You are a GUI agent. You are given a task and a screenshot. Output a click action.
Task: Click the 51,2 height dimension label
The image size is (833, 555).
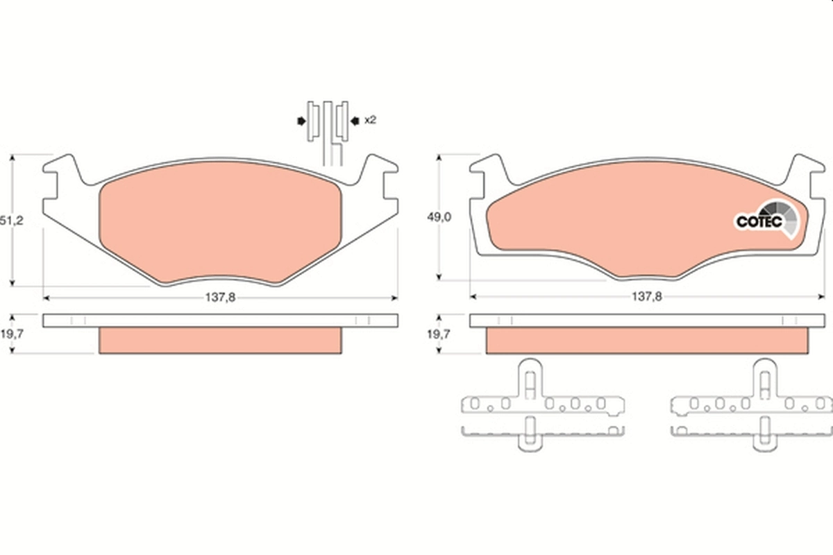tap(8, 221)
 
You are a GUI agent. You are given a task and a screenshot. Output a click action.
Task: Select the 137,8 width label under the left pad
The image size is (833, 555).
tap(221, 297)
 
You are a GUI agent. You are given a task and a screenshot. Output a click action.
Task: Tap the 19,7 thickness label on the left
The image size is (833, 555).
tap(8, 334)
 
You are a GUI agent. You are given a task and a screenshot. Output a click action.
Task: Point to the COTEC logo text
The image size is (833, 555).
tap(759, 222)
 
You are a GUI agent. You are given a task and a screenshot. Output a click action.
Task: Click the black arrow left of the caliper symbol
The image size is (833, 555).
tap(301, 121)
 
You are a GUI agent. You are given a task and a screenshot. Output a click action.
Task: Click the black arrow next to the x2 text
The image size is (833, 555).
tap(355, 121)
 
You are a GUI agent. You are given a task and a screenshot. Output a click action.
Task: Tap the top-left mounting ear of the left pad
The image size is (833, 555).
tap(65, 171)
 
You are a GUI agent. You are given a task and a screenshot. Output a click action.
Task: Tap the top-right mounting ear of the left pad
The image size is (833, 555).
tap(378, 171)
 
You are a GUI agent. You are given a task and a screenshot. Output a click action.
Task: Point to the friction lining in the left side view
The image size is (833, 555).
tap(221, 340)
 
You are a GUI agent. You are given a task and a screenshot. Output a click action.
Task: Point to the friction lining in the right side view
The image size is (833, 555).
tap(647, 340)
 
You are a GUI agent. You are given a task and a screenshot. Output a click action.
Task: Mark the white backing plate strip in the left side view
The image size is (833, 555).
tap(221, 320)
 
